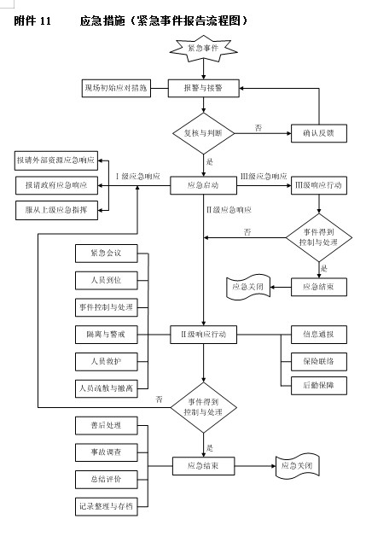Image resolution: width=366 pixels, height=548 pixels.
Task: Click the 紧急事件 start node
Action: click(x=204, y=49)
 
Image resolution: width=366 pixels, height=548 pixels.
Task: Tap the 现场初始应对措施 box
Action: click(x=115, y=88)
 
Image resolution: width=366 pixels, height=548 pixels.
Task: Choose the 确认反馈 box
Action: click(x=319, y=132)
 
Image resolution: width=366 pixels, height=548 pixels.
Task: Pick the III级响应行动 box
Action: click(x=318, y=184)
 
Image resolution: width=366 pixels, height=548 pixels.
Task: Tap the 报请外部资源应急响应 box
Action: click(x=55, y=160)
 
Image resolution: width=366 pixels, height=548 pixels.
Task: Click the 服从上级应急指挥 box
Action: click(x=55, y=209)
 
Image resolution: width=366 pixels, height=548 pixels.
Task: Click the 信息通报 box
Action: click(x=318, y=332)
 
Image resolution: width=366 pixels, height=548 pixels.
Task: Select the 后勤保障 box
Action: click(x=318, y=386)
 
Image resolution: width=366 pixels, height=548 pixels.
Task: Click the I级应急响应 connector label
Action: click(x=137, y=176)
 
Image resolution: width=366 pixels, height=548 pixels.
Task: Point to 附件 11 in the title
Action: click(x=33, y=19)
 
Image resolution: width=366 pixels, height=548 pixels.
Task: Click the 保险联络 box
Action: click(x=318, y=359)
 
